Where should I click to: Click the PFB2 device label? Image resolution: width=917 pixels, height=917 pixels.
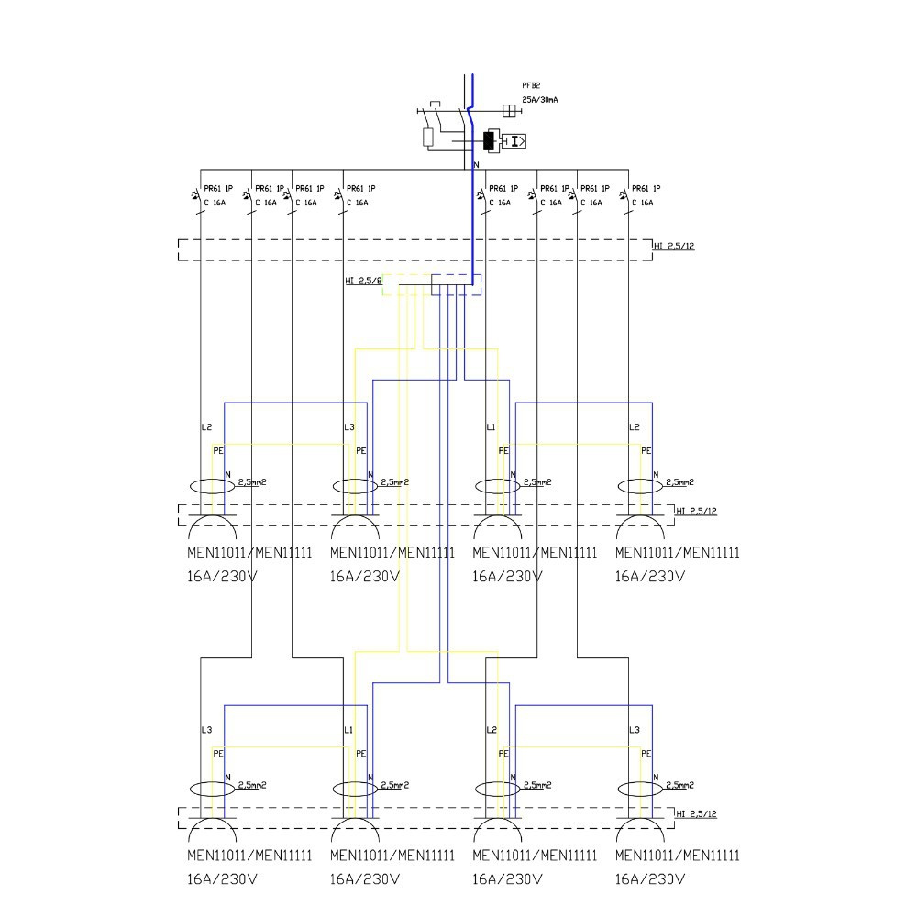pyautogui.click(x=531, y=85)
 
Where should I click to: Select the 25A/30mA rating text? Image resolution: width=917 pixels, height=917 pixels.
pyautogui.click(x=540, y=99)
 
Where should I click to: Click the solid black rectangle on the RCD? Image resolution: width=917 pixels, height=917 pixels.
pyautogui.click(x=489, y=140)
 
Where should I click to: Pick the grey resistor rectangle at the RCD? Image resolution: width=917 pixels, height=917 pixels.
pyautogui.click(x=428, y=138)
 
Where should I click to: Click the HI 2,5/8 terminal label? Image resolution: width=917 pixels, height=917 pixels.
pyautogui.click(x=363, y=281)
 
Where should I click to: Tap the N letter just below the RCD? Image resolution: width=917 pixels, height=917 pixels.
pyautogui.click(x=475, y=165)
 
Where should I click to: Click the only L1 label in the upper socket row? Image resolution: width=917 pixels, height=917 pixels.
pyautogui.click(x=492, y=427)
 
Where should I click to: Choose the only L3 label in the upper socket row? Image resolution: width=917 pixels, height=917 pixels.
pyautogui.click(x=348, y=427)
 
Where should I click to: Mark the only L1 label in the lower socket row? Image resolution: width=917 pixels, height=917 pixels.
pyautogui.click(x=348, y=730)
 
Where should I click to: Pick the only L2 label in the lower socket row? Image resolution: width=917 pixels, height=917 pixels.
pyautogui.click(x=492, y=730)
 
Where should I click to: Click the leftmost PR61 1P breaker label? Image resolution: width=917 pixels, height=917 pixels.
pyautogui.click(x=218, y=188)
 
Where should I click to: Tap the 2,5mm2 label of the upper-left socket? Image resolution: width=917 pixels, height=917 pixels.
pyautogui.click(x=251, y=481)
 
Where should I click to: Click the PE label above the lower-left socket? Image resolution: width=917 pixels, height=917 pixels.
pyautogui.click(x=218, y=753)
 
